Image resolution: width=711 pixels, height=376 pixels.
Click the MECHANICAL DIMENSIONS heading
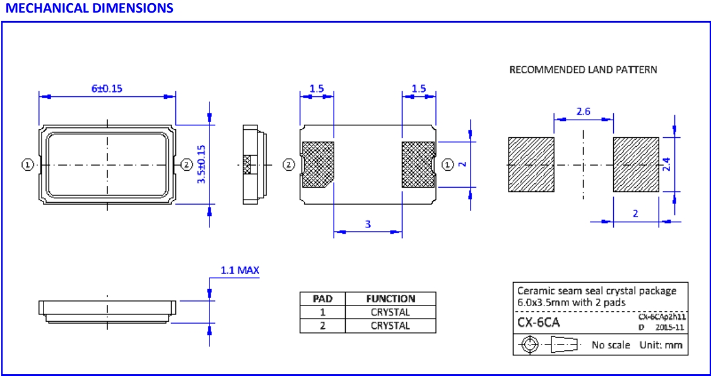(88, 8)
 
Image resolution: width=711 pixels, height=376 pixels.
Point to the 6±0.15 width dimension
(107, 88)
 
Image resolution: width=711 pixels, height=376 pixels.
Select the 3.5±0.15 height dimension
(201, 164)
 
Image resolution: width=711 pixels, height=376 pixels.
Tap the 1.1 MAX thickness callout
(239, 270)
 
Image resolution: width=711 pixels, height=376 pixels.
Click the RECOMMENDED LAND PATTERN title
(583, 69)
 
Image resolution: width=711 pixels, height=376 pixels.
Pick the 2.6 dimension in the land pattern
(583, 111)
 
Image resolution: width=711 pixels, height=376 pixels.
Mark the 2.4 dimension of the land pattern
(666, 164)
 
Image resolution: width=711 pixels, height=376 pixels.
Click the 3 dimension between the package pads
(368, 224)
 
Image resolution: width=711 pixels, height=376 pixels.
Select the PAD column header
(322, 299)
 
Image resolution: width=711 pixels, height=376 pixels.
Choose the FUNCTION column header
(391, 299)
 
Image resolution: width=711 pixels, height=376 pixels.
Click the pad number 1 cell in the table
(322, 312)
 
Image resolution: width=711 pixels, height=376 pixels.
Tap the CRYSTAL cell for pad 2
(391, 326)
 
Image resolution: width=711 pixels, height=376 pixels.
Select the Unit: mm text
(661, 345)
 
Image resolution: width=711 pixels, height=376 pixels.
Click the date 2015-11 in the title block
(669, 328)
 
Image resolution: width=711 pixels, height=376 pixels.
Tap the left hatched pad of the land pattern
(531, 164)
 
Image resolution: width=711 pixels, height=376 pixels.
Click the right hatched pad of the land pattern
(636, 164)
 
